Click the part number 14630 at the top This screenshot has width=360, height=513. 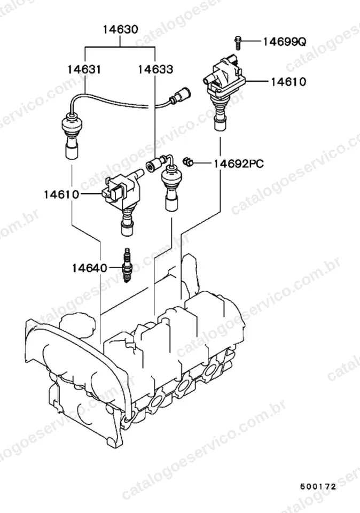click(x=121, y=29)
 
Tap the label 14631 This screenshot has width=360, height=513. click(x=84, y=69)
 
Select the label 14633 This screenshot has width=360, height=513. click(x=155, y=69)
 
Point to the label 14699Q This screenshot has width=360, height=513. click(x=285, y=42)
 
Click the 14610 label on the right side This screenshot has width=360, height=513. click(x=288, y=81)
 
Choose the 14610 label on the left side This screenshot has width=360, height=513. click(x=61, y=195)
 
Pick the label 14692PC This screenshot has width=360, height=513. click(x=239, y=164)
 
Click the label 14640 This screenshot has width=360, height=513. click(x=90, y=268)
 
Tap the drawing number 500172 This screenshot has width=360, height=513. click(x=318, y=486)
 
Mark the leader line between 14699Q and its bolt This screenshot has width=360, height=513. click(x=251, y=41)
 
